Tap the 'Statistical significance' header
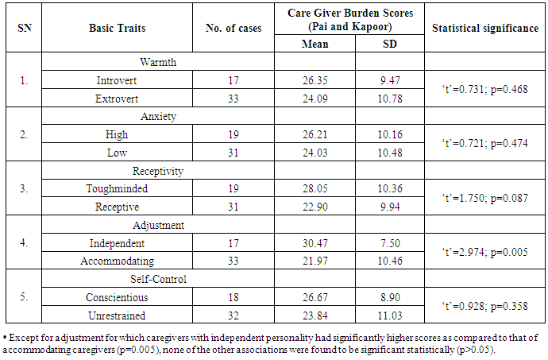pyautogui.click(x=484, y=29)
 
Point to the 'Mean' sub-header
pyautogui.click(x=315, y=43)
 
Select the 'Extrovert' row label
pyautogui.click(x=116, y=99)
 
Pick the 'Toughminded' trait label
pyautogui.click(x=116, y=188)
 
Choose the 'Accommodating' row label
pyautogui.click(x=116, y=261)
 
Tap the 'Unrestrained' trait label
pyautogui.click(x=116, y=315)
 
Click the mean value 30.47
pyautogui.click(x=315, y=242)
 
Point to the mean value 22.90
pyautogui.click(x=315, y=207)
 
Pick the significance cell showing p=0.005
pyautogui.click(x=484, y=253)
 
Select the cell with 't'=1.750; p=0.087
pyautogui.click(x=484, y=199)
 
